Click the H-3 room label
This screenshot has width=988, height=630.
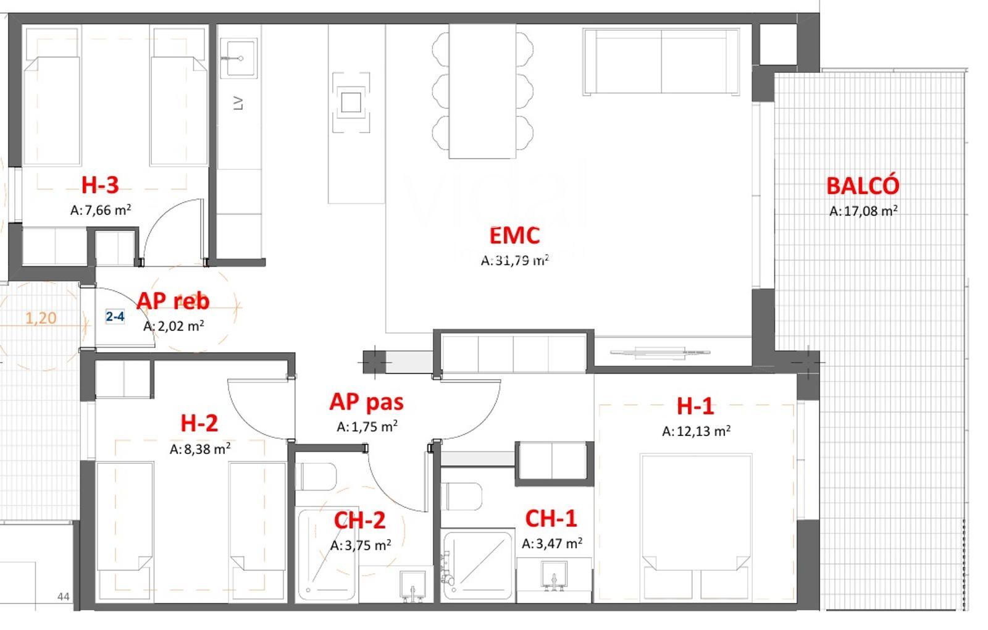[100, 185]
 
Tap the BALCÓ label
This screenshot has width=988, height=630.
[863, 186]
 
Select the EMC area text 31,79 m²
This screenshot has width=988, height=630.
[515, 261]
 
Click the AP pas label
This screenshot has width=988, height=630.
[367, 402]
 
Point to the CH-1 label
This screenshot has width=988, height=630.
[551, 519]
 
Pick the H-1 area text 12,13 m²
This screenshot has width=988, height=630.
[697, 431]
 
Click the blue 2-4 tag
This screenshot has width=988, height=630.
[115, 316]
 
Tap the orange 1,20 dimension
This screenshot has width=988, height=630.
[41, 318]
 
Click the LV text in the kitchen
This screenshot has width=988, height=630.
[238, 103]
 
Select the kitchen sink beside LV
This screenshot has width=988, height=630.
[239, 58]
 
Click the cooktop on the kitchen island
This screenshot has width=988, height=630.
[351, 103]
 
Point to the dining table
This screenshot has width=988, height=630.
[482, 91]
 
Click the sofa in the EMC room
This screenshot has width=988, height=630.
[661, 62]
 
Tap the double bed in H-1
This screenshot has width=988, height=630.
[697, 527]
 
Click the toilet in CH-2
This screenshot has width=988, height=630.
[316, 476]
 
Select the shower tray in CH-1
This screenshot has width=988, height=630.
[478, 565]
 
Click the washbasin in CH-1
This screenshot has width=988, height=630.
[554, 575]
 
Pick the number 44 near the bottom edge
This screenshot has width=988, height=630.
[64, 597]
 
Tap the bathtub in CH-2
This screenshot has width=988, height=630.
[327, 555]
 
